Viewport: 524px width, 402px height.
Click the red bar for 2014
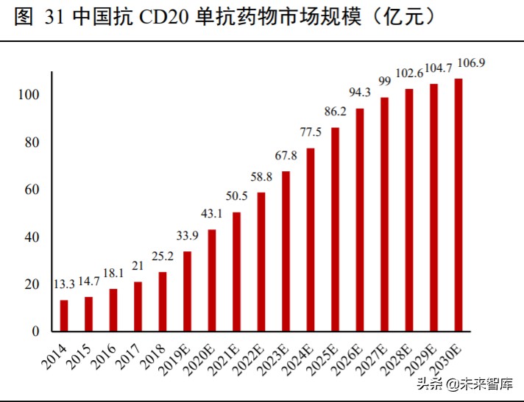click(x=64, y=315)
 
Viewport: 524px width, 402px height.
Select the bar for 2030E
click(x=458, y=205)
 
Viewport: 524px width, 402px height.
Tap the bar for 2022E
click(x=261, y=262)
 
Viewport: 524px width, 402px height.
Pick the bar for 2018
click(x=163, y=301)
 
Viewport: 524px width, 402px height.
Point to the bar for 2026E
click(x=360, y=220)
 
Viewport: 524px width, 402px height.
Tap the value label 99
click(x=384, y=81)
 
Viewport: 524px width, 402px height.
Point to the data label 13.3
click(x=64, y=284)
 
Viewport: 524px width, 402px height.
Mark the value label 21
click(x=138, y=266)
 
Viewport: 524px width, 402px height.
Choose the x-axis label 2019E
click(x=177, y=356)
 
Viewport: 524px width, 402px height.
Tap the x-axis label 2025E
click(x=325, y=356)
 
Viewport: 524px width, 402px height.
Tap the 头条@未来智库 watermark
click(x=464, y=384)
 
